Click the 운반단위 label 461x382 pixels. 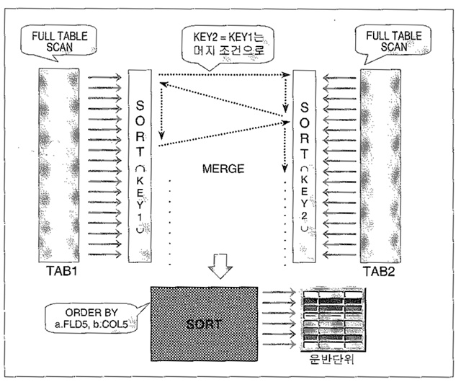coord(330,357)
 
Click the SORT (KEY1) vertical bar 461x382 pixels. coord(140,166)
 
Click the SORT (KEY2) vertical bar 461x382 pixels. coord(305,166)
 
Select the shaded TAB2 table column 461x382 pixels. coord(380,166)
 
